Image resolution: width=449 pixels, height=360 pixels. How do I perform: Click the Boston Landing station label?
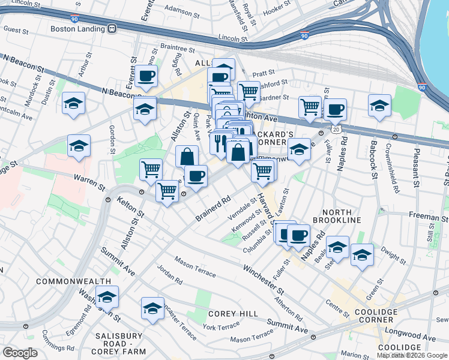pyautogui.click(x=77, y=28)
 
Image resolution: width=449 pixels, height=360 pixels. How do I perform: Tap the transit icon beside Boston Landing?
pyautogui.click(x=112, y=28)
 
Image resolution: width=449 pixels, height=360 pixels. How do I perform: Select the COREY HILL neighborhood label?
pyautogui.click(x=233, y=314)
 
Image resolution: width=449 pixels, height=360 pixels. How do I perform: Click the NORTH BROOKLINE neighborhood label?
pyautogui.click(x=342, y=216)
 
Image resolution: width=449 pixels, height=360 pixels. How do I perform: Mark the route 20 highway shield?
pyautogui.click(x=336, y=129)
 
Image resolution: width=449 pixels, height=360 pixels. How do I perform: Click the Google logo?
pyautogui.click(x=20, y=353)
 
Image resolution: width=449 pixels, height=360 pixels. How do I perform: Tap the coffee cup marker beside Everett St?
pyautogui.click(x=146, y=76)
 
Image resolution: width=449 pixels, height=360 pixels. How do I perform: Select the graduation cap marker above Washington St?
pyautogui.click(x=107, y=297)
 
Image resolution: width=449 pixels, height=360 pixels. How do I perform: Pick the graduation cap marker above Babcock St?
pyautogui.click(x=379, y=106)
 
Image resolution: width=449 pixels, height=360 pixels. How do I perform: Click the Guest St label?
pyautogui.click(x=16, y=29)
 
